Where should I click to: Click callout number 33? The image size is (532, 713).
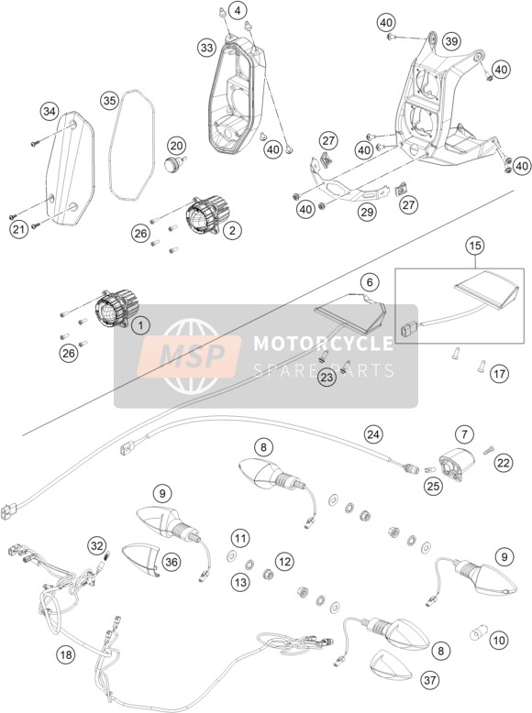(x=207, y=48)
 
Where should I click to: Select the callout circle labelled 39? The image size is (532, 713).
(x=451, y=41)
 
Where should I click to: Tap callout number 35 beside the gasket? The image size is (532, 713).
(x=110, y=101)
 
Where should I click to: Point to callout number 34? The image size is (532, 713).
(x=50, y=111)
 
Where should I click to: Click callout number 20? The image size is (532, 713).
(x=176, y=146)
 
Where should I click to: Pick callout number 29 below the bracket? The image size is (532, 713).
(x=367, y=212)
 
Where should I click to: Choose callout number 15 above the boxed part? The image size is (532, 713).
(x=474, y=246)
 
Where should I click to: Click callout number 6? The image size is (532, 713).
(x=370, y=282)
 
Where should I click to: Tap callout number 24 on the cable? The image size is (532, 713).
(x=373, y=434)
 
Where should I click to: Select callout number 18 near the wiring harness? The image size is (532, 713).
(x=66, y=654)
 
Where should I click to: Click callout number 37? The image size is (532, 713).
(x=430, y=680)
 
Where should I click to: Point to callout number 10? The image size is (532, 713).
(x=499, y=641)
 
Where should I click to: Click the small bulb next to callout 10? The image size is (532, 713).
(x=479, y=631)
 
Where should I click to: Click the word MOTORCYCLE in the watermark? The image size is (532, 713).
(x=323, y=344)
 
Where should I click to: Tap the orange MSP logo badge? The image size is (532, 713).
(x=189, y=356)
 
